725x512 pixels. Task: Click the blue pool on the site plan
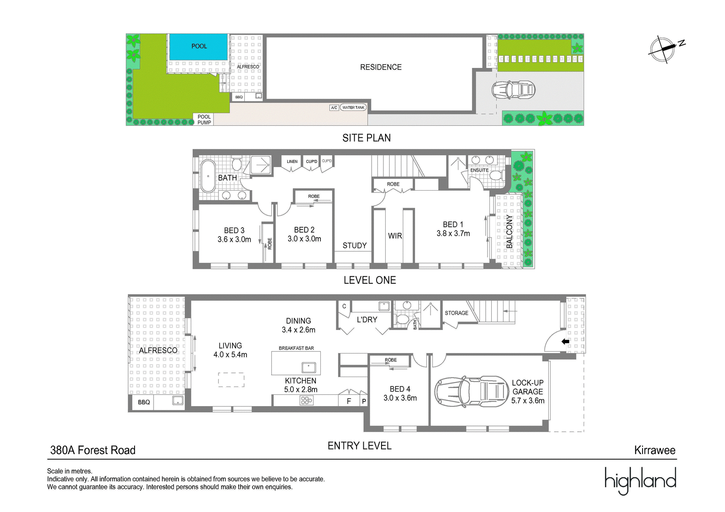(198, 47)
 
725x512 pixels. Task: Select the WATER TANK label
(353, 107)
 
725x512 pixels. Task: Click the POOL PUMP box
(204, 120)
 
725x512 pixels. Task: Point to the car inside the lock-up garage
(471, 392)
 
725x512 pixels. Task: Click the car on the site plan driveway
(513, 90)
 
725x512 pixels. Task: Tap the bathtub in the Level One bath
(208, 176)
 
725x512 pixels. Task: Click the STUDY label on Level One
(354, 245)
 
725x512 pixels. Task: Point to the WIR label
(395, 236)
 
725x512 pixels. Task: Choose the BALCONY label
(509, 232)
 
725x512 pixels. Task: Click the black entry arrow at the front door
(565, 341)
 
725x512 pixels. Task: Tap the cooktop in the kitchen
(306, 401)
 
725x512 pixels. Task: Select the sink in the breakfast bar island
(309, 368)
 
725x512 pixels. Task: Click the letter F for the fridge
(349, 402)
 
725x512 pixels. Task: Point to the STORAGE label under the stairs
(456, 313)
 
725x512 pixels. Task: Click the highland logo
(641, 481)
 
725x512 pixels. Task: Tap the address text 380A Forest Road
(93, 450)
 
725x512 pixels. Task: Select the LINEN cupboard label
(292, 162)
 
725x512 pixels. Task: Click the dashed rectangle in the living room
(231, 380)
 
